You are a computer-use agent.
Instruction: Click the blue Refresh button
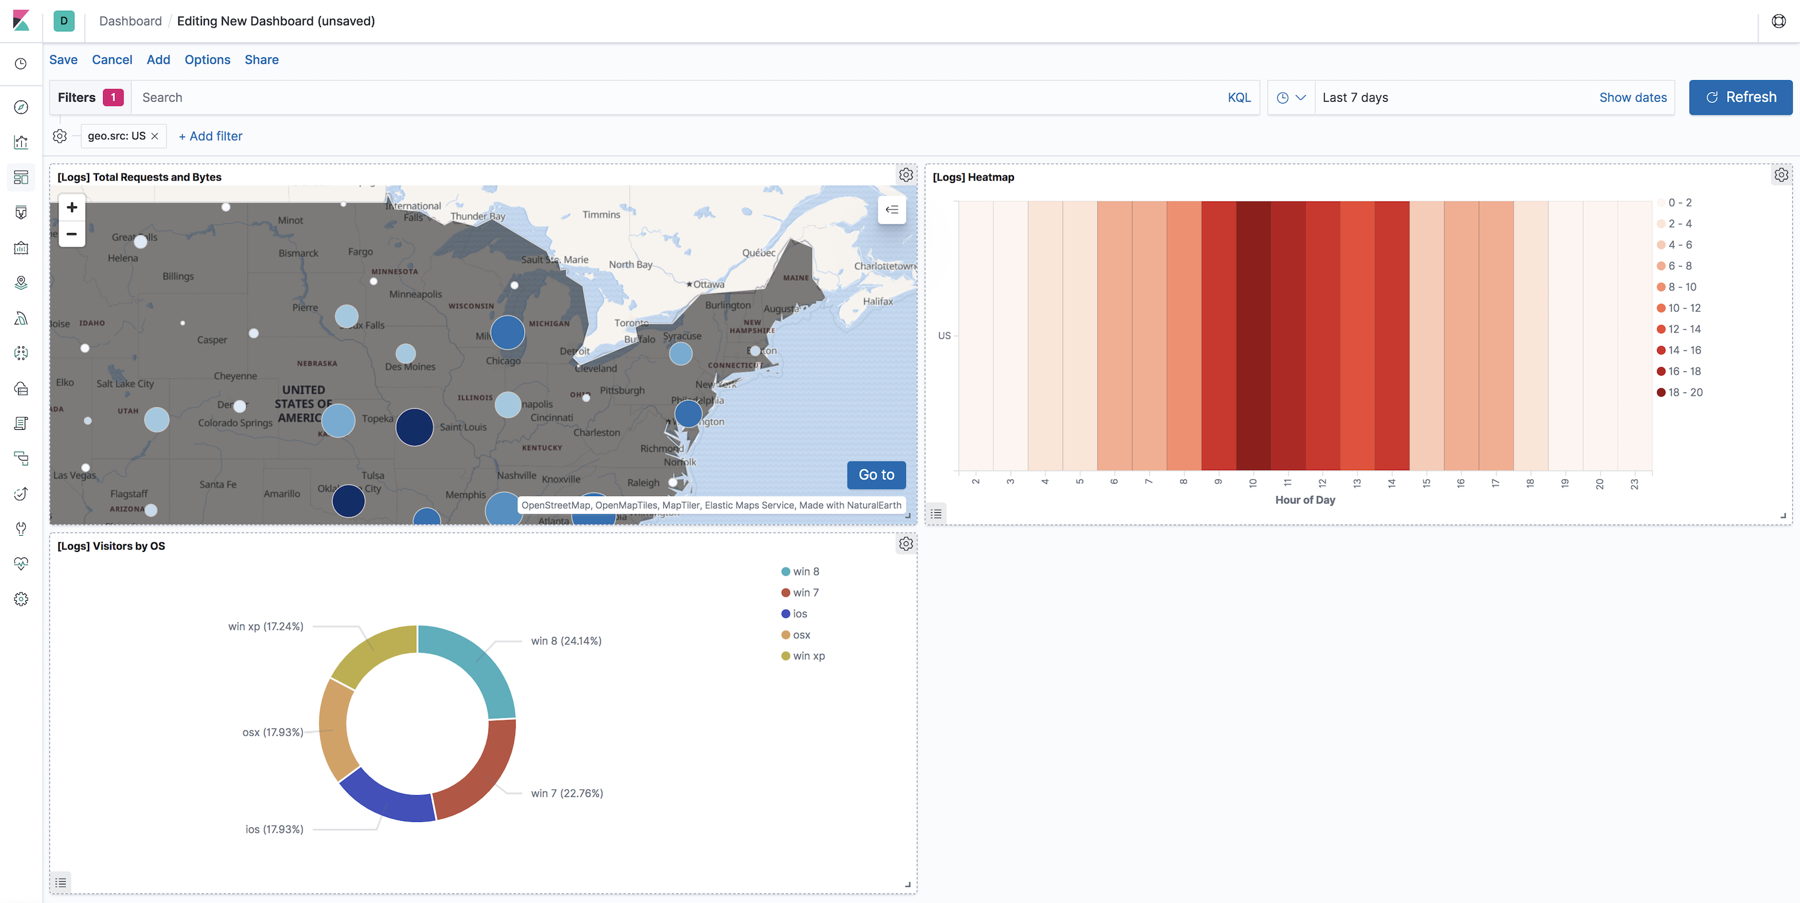[x=1740, y=97]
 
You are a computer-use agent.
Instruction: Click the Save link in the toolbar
[x=63, y=60]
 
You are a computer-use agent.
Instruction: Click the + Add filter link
[x=210, y=136]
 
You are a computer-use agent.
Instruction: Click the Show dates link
[x=1633, y=98]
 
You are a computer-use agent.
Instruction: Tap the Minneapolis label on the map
[x=415, y=294]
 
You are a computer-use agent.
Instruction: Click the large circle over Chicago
[x=507, y=332]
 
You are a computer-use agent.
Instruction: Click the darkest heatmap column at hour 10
[x=1253, y=335]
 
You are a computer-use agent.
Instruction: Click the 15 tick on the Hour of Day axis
[x=1426, y=483]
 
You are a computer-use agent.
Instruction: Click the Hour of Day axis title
[x=1305, y=500]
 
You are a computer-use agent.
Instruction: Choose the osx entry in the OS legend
[x=801, y=635]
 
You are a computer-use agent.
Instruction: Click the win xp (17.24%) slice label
[x=266, y=627]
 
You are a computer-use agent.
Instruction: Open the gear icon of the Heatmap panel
[x=1781, y=175]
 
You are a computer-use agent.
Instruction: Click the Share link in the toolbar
[x=261, y=60]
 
